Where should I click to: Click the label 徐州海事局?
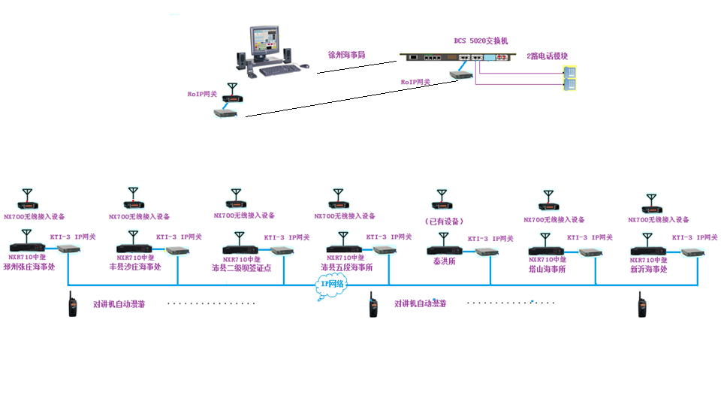pos(346,56)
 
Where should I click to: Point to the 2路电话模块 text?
pos(548,56)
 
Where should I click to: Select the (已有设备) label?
pos(444,221)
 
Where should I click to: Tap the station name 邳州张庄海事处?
pos(29,267)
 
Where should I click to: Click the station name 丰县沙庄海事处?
pos(135,267)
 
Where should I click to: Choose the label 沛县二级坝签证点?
pos(241,267)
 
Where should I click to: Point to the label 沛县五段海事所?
pos(346,267)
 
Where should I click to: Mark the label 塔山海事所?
pos(547,268)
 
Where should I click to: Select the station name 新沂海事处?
pos(649,269)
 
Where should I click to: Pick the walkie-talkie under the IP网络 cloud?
pos(371,306)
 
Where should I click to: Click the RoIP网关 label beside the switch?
pos(415,82)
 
